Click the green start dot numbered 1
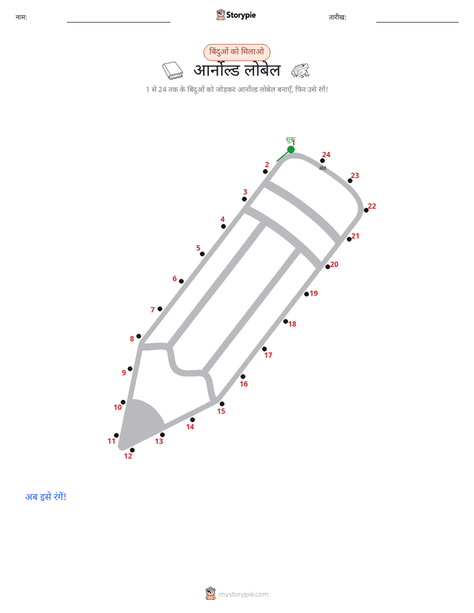click(x=291, y=149)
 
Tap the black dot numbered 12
click(x=132, y=450)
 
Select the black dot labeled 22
click(x=366, y=210)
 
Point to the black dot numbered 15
click(x=222, y=403)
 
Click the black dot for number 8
click(x=139, y=336)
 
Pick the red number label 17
click(x=268, y=355)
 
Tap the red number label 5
click(x=198, y=248)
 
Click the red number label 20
click(x=335, y=264)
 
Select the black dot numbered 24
click(x=322, y=161)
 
